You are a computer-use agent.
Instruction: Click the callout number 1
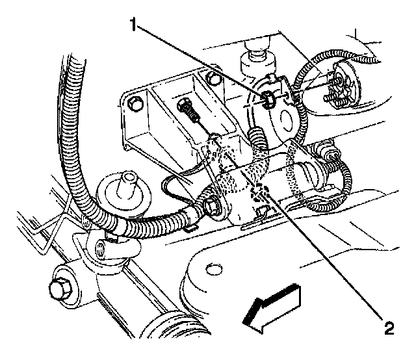coord(134,25)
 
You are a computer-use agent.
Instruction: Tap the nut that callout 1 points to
coord(268,99)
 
